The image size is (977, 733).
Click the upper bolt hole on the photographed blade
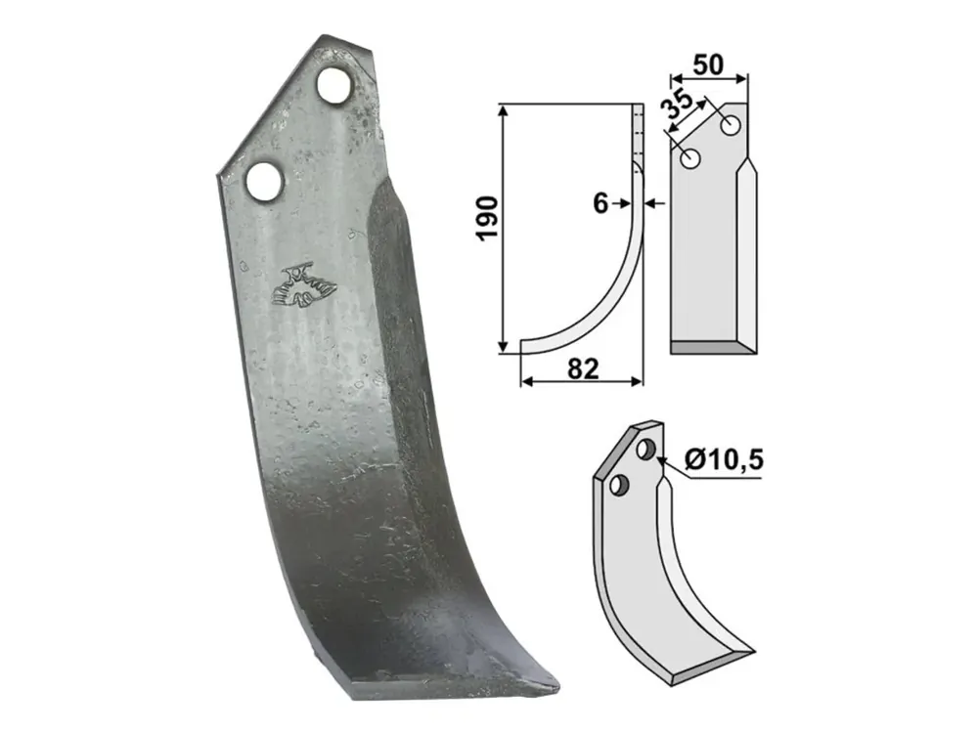333,85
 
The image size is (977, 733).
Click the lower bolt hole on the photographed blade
265,181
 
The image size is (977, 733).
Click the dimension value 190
487,218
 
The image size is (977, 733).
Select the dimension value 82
583,368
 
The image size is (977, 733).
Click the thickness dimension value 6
600,203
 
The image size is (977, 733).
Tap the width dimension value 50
708,65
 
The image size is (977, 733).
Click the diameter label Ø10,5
724,460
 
